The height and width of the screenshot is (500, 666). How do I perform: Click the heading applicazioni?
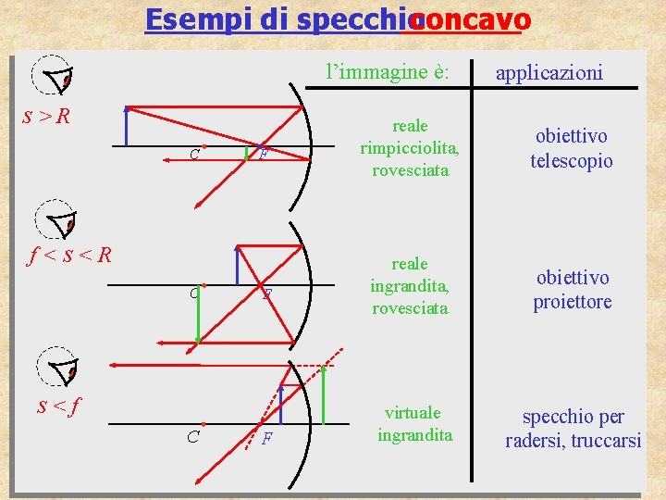549,71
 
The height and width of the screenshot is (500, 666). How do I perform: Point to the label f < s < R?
66,254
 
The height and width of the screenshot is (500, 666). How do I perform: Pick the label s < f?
56,405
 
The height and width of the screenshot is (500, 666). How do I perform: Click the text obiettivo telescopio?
572,148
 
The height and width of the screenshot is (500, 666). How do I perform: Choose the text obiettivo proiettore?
572,289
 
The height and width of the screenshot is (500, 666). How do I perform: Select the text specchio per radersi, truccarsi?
573,429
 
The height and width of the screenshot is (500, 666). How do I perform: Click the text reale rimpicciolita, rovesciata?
411,147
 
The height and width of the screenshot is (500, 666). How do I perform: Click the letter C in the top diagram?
193,155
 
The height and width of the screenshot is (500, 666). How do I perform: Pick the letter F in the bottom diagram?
266,438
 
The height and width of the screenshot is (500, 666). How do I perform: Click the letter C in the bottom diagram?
192,437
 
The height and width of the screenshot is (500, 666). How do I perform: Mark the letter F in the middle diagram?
266,295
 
